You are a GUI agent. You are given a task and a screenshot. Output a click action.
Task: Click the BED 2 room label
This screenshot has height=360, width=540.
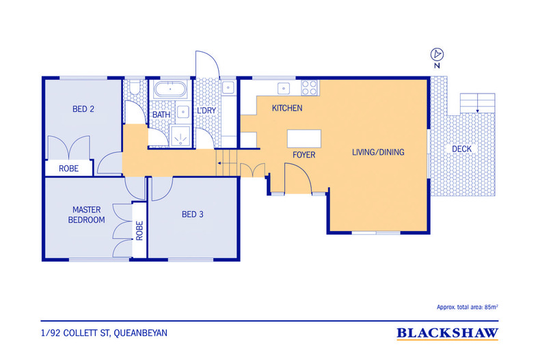(x=83, y=109)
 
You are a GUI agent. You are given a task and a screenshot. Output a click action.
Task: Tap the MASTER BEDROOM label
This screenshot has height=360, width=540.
(x=86, y=214)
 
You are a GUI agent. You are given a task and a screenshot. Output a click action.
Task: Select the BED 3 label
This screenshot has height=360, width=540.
(x=193, y=214)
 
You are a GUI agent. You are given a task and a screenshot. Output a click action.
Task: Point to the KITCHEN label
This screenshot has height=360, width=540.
(x=287, y=108)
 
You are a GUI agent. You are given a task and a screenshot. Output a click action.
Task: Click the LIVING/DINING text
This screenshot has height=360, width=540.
(x=378, y=152)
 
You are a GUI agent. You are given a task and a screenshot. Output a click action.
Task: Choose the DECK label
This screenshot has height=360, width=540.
(x=462, y=149)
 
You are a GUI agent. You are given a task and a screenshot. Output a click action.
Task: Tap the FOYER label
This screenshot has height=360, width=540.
(x=303, y=155)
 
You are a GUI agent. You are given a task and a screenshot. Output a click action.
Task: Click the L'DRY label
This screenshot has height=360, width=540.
(x=206, y=111)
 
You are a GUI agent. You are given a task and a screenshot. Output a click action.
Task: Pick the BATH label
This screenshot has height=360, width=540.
(x=161, y=115)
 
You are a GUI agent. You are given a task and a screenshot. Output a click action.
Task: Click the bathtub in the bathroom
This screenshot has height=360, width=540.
(x=170, y=89)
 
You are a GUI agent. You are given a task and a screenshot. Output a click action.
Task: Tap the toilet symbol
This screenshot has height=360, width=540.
(x=135, y=87)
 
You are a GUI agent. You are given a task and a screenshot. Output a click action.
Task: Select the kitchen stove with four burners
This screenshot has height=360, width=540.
(x=309, y=87)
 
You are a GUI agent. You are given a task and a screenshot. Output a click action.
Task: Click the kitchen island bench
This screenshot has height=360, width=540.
(x=304, y=139)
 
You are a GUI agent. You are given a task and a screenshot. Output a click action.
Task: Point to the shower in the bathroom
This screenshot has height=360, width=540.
(x=180, y=137)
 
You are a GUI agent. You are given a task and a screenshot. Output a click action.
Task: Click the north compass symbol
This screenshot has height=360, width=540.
(x=437, y=55)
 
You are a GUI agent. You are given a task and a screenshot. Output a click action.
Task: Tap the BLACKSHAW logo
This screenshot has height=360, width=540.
(x=447, y=333)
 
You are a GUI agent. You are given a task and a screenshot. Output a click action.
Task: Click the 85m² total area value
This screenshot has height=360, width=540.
(x=491, y=307)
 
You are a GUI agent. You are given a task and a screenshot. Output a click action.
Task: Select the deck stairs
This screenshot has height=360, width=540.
(x=477, y=103)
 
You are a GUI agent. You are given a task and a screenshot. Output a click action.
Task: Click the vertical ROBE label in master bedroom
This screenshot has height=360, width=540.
(x=139, y=231)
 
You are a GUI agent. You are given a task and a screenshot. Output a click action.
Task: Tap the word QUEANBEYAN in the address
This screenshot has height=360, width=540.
(x=141, y=333)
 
